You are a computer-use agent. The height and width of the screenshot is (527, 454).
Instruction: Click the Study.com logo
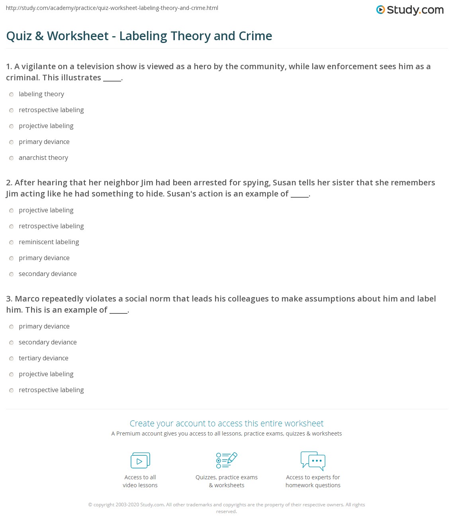tap(410, 10)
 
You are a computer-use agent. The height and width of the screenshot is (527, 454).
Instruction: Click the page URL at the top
tap(112, 8)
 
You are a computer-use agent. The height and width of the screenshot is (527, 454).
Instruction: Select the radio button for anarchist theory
tap(12, 158)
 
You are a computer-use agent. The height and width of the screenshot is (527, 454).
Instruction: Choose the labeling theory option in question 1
tap(12, 94)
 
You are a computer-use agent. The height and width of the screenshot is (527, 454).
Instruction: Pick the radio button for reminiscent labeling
tap(12, 242)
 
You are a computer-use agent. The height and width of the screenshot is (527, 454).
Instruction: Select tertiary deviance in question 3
tap(12, 358)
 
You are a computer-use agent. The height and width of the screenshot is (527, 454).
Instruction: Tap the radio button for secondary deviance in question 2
tap(12, 274)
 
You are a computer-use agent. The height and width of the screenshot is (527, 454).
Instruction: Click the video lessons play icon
tap(140, 461)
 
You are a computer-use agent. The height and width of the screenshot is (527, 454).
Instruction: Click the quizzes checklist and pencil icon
tap(227, 461)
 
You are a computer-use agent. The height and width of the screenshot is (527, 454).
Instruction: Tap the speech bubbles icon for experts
tap(313, 461)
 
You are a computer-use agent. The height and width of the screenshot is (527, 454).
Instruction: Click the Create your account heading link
tap(227, 423)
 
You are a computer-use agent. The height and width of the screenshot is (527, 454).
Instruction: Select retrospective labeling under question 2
tap(12, 226)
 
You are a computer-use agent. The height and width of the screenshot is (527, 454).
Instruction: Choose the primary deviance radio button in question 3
tap(12, 327)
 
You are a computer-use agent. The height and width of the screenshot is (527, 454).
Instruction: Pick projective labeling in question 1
tap(12, 126)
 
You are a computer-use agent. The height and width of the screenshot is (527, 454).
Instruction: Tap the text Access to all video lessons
tap(140, 481)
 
